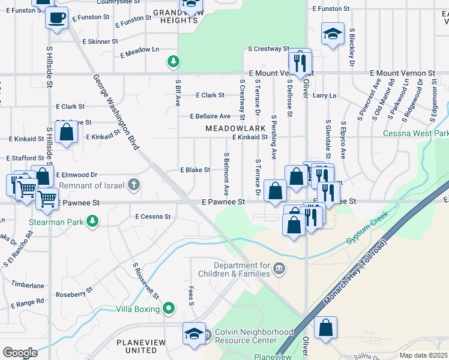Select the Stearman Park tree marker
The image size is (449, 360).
point(92,222)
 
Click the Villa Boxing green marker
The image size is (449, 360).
point(169,309)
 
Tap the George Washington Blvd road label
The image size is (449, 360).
point(116,112)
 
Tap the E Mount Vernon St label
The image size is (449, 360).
point(402,73)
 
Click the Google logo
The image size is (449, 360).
point(20,352)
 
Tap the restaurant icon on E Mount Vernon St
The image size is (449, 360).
point(300,61)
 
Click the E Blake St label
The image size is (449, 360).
point(195,170)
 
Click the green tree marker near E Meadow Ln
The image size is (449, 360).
point(173,61)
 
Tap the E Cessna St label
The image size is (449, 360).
point(153,217)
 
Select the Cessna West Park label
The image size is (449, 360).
point(415,133)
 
